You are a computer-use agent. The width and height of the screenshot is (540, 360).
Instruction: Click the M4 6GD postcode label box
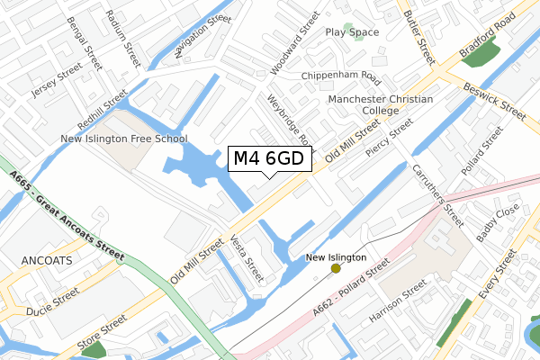coord(271,159)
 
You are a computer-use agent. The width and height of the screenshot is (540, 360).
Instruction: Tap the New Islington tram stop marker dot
coord(336,268)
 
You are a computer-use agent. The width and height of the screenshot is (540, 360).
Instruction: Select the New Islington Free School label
coord(123,139)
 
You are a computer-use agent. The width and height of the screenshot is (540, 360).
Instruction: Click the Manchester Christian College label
coord(381,104)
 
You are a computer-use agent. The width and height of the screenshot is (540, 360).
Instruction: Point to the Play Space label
coord(352,32)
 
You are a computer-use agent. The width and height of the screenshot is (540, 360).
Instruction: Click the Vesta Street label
coord(247,258)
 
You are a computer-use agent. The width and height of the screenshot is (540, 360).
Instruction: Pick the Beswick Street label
coord(494,102)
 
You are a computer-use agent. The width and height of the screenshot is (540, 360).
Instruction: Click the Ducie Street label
coord(52,295)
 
